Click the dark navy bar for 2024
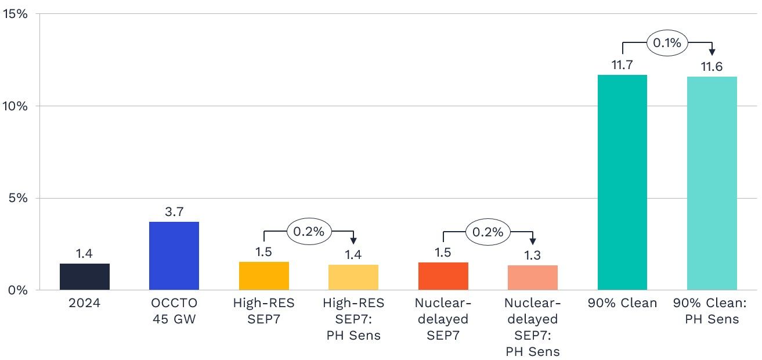click(x=84, y=276)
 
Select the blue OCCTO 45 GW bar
click(x=174, y=255)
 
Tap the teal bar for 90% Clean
click(x=622, y=182)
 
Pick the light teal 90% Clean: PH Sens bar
click(x=712, y=183)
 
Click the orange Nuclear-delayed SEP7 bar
click(x=443, y=276)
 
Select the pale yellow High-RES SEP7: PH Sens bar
click(x=353, y=277)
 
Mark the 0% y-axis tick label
click(x=17, y=290)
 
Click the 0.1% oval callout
click(x=667, y=43)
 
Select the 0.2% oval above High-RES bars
click(x=309, y=232)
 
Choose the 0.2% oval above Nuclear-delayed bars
click(x=488, y=232)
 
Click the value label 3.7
click(x=174, y=213)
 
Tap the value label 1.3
click(x=532, y=255)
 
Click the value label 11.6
click(x=712, y=67)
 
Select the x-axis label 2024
click(x=84, y=303)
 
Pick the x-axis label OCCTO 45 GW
click(x=174, y=311)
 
